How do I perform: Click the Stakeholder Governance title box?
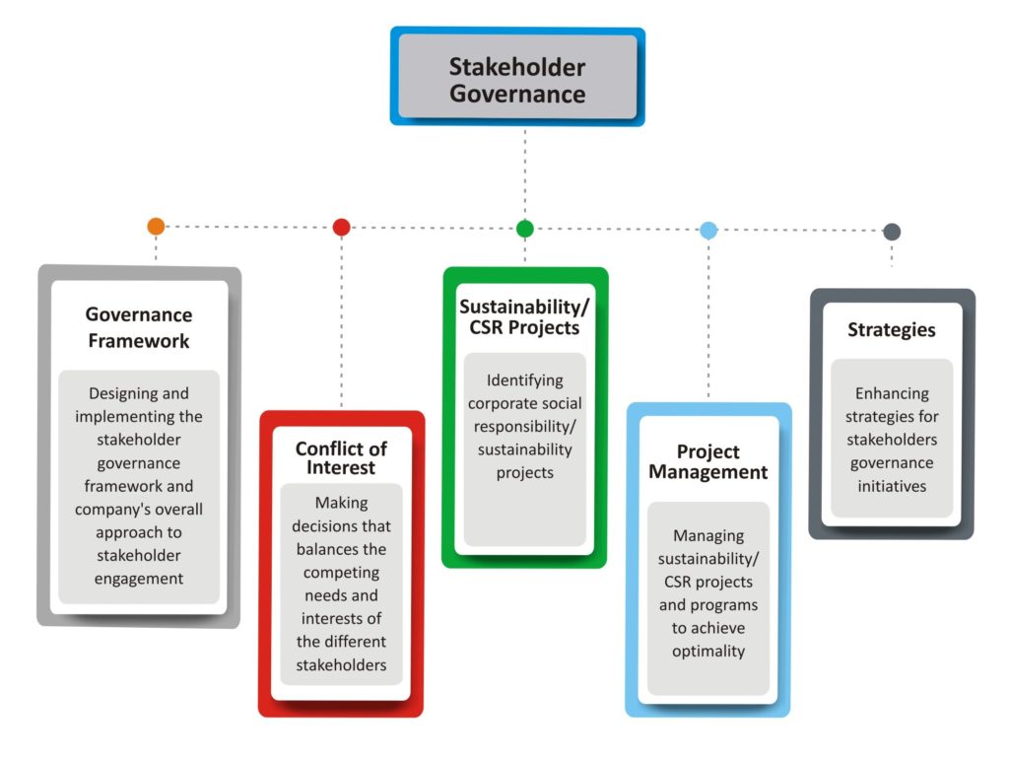(517, 80)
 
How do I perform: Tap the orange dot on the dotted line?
(156, 226)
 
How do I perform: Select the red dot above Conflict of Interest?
(341, 227)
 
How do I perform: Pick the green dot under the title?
(525, 229)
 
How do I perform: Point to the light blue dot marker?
(708, 231)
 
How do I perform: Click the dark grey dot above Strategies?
(892, 232)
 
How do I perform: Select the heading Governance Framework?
(139, 328)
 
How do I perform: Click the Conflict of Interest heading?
(341, 457)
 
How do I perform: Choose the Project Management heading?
(707, 462)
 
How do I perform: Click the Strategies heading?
(892, 330)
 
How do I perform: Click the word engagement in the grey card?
(139, 579)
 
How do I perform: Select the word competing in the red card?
(342, 572)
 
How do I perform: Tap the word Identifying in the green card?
(525, 380)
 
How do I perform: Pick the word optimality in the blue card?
(708, 652)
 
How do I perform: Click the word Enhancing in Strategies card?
(892, 393)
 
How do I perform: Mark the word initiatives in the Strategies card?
(892, 486)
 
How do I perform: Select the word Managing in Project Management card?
(708, 535)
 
